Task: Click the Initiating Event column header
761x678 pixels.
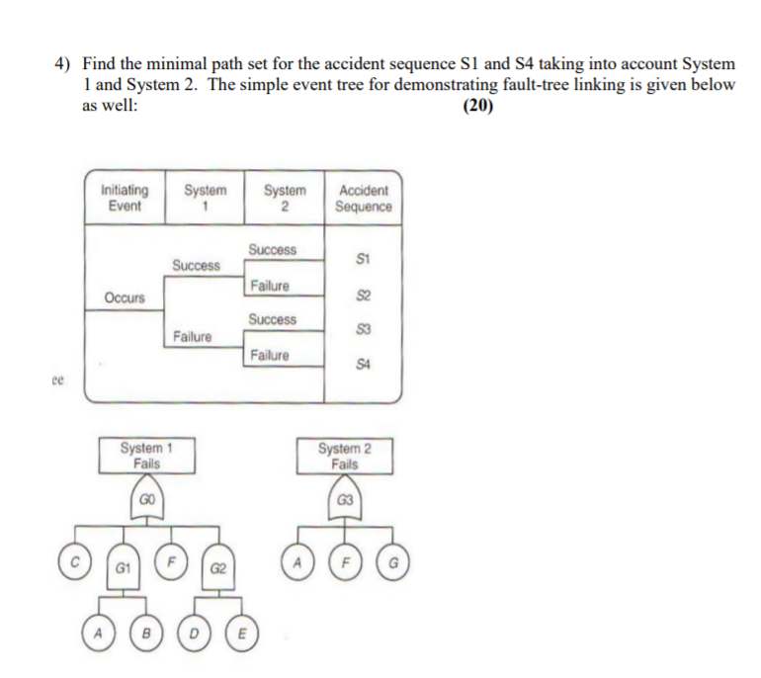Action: tap(125, 198)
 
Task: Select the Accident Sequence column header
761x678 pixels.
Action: tap(363, 198)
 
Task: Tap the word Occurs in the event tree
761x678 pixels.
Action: tap(125, 297)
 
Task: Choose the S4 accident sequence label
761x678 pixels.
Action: tap(363, 367)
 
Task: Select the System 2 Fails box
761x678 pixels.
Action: tap(345, 456)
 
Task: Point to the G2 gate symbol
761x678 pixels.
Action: tap(218, 569)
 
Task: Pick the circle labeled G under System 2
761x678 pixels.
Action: tap(394, 559)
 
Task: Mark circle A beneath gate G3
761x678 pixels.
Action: tap(296, 559)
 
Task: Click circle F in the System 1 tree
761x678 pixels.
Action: tap(171, 559)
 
